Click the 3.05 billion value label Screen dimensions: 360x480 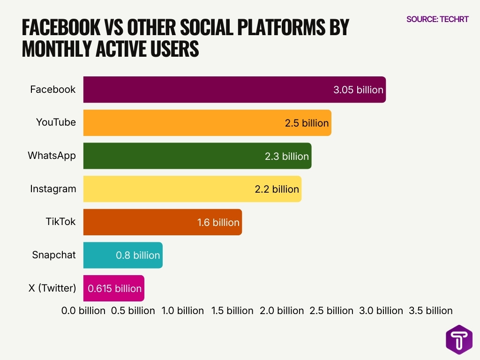(x=358, y=90)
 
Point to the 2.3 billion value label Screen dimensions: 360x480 (x=286, y=156)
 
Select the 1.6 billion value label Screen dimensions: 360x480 (x=218, y=222)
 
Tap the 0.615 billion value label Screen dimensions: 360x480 (x=114, y=288)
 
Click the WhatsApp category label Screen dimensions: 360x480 (x=52, y=156)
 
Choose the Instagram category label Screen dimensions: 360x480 (x=53, y=189)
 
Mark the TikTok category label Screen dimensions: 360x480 (x=60, y=222)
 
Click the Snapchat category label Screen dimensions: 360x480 (x=54, y=255)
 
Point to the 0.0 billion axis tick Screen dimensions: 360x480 (x=83, y=311)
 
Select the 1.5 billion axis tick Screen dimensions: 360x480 (x=232, y=311)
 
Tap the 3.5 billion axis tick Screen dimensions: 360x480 (x=431, y=311)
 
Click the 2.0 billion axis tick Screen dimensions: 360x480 (x=282, y=311)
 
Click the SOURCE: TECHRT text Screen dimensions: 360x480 (x=437, y=19)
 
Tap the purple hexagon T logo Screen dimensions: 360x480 (x=459, y=339)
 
